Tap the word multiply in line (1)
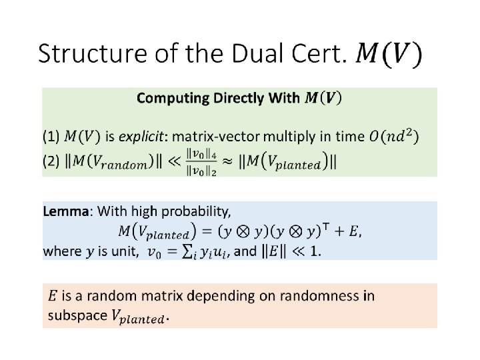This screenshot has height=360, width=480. pos(287,137)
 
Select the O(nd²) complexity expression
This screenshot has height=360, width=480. pos(394,137)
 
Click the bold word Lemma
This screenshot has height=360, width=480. pos(65,212)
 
